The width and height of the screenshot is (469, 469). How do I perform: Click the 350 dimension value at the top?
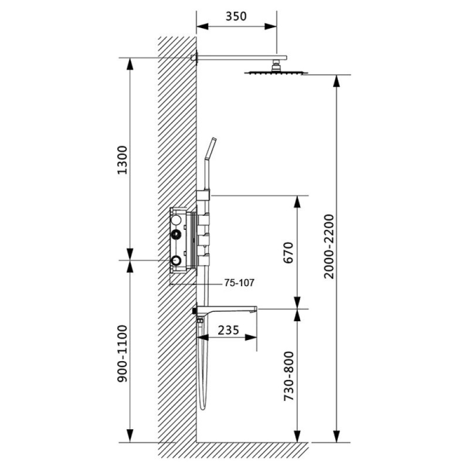tap(236, 16)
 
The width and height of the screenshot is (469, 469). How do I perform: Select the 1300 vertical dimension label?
tap(123, 159)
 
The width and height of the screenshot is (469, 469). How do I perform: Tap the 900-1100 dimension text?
tap(123, 354)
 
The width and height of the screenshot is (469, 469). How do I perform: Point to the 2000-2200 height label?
tap(329, 246)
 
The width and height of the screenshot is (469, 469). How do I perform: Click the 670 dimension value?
tap(288, 253)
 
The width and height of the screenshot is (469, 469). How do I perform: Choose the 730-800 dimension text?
tap(288, 376)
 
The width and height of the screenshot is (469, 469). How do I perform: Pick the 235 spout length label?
tap(229, 330)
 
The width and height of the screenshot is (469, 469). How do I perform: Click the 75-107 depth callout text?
tap(239, 283)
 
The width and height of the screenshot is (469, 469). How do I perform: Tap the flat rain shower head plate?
tap(276, 72)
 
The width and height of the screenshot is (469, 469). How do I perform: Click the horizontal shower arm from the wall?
tap(242, 57)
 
